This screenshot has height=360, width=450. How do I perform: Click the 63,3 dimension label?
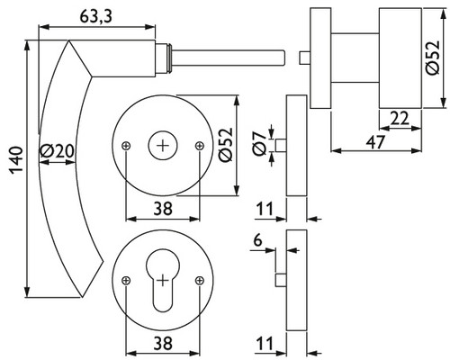[x=95, y=17]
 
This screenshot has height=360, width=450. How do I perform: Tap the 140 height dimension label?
[x=16, y=160]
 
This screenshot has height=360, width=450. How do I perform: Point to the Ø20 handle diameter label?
[x=57, y=151]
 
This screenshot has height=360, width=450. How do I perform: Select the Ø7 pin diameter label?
[x=260, y=143]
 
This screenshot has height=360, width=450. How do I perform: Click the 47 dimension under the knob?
[x=375, y=142]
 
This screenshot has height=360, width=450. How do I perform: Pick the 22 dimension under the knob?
[x=400, y=119]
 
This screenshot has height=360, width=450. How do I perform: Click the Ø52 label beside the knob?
[x=433, y=58]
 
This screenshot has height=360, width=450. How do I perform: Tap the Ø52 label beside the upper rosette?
[x=226, y=145]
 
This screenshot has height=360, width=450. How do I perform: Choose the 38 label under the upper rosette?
[x=163, y=209]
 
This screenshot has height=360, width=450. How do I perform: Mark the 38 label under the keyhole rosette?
[x=163, y=343]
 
